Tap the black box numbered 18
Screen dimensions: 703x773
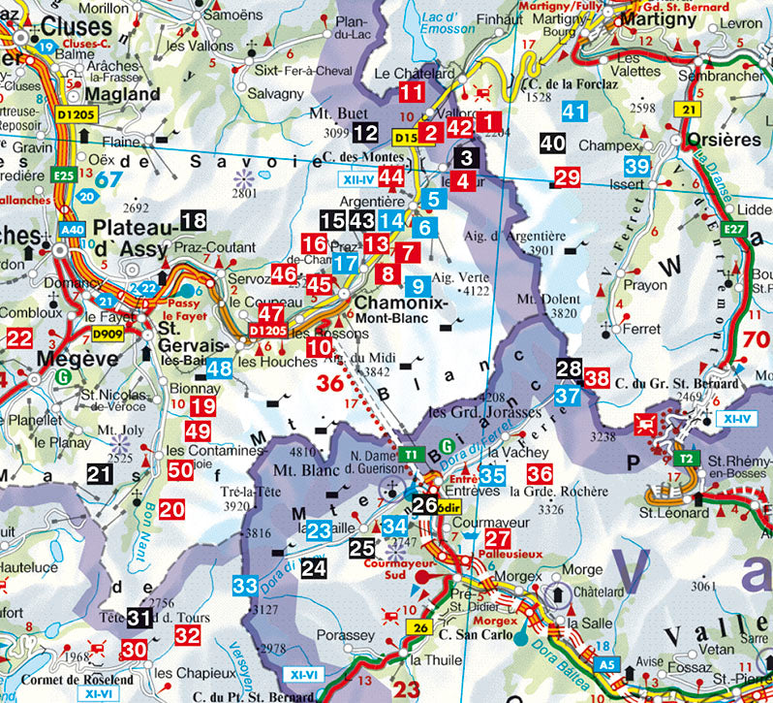[x=194, y=220]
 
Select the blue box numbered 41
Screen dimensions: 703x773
[x=574, y=112]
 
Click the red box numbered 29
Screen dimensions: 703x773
[x=567, y=176]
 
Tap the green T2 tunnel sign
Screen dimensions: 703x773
[x=686, y=459]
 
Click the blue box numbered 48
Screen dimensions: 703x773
[x=219, y=368]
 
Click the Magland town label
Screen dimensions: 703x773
[x=122, y=94]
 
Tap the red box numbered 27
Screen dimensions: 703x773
[x=497, y=540]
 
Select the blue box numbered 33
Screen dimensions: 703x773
[x=245, y=586]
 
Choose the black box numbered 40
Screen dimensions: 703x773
[x=552, y=144]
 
